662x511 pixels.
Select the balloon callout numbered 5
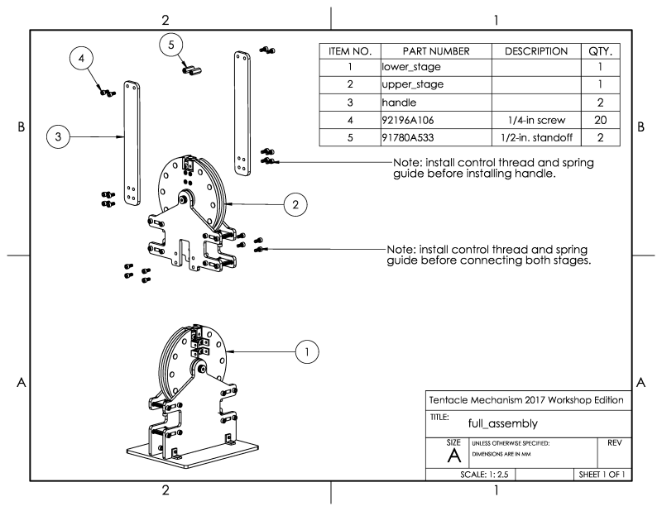click(x=171, y=45)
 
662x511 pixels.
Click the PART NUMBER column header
click(x=435, y=51)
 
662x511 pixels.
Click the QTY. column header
click(x=602, y=51)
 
